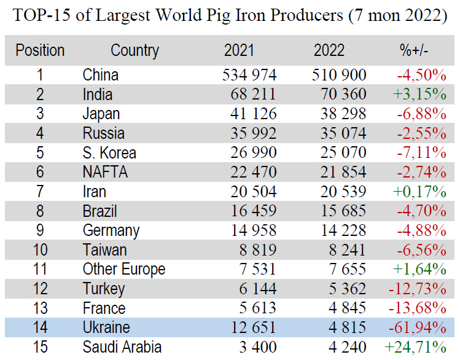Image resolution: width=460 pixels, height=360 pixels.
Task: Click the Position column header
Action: click(40, 50)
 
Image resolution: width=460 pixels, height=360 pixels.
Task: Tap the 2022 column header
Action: click(329, 50)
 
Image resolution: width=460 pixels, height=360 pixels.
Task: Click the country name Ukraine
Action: click(106, 327)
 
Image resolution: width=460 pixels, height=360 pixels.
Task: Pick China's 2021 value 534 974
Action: click(249, 76)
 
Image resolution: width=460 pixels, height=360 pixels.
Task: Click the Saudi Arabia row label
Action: click(122, 347)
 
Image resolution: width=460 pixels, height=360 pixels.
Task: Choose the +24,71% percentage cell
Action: click(415, 347)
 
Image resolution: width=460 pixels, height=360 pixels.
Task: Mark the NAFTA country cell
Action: click(105, 173)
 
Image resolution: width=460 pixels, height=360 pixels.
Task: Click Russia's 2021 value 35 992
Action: click(253, 133)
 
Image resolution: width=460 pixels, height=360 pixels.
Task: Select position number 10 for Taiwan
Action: click(40, 249)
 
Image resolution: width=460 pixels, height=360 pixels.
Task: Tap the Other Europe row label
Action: click(124, 269)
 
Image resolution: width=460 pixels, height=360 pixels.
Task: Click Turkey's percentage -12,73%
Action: click(417, 289)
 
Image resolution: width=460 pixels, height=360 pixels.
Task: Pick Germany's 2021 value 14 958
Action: click(253, 230)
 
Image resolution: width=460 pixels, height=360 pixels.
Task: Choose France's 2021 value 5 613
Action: click(258, 308)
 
